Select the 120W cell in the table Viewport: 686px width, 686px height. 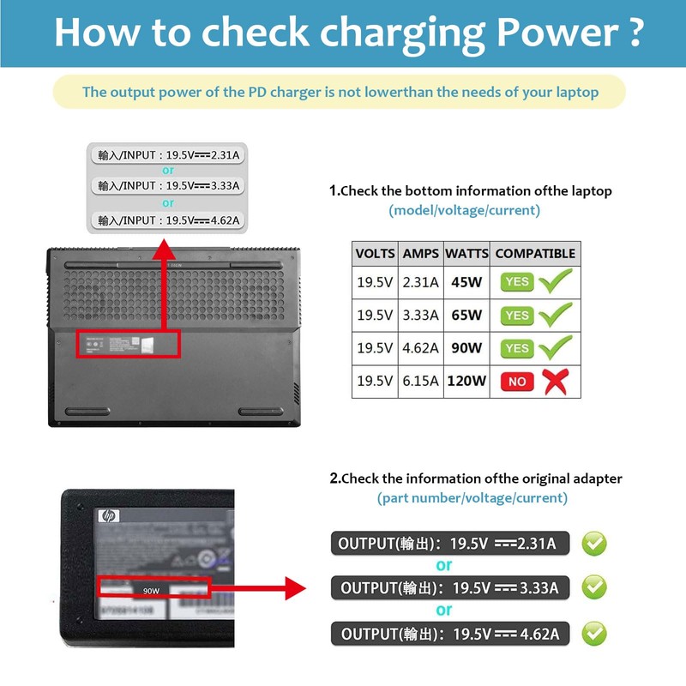click(x=467, y=382)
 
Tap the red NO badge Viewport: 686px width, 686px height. click(x=517, y=382)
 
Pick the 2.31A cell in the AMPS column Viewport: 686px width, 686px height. click(x=421, y=281)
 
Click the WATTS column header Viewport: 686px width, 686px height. click(x=467, y=254)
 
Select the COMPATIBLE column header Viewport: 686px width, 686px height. click(x=535, y=254)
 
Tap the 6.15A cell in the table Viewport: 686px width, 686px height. click(x=421, y=382)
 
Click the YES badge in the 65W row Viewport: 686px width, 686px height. click(x=517, y=315)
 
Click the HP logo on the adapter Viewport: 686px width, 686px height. click(x=109, y=516)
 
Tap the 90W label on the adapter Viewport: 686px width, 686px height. click(x=152, y=591)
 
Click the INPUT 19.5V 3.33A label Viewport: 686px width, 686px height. click(x=168, y=185)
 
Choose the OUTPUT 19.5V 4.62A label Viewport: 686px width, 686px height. click(x=450, y=634)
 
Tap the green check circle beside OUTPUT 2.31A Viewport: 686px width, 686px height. click(x=594, y=543)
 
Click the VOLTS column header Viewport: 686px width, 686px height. click(x=376, y=254)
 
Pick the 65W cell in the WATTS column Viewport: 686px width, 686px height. click(x=467, y=315)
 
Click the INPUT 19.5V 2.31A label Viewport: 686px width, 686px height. click(x=168, y=154)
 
